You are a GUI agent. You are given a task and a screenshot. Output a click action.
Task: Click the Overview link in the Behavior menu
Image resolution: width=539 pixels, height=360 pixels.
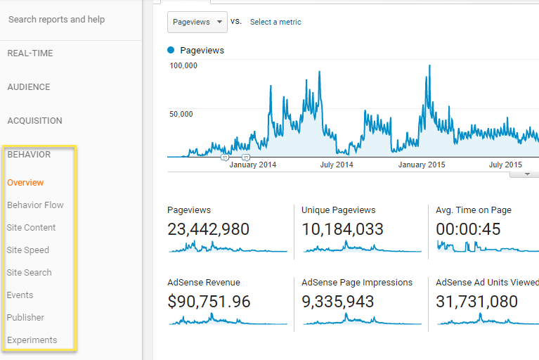[x=25, y=183]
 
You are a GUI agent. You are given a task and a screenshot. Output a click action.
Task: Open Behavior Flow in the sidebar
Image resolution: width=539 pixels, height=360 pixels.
[x=35, y=205]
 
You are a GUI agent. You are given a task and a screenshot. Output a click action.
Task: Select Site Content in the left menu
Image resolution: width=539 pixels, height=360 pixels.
[x=32, y=228]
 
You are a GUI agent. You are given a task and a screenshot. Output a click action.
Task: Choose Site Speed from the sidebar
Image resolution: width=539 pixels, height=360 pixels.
[x=28, y=250]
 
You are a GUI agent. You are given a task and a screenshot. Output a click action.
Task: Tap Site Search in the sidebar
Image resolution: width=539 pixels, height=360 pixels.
[x=30, y=273]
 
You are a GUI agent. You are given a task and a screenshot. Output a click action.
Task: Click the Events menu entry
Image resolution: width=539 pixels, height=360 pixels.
[x=20, y=295]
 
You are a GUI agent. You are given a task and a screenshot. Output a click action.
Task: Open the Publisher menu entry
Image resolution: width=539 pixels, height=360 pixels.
[x=25, y=318]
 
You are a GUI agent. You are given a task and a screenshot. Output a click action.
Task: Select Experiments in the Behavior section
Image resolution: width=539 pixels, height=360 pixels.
[x=32, y=340]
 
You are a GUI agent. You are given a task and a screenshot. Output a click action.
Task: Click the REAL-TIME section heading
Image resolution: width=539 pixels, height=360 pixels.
[x=30, y=53]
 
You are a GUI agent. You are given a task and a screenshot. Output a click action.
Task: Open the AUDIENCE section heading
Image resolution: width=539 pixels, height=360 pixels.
[x=29, y=87]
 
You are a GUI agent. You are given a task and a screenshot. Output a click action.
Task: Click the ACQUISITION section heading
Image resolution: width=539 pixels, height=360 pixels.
[x=34, y=121]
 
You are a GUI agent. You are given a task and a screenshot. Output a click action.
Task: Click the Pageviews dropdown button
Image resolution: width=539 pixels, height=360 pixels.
[x=197, y=22]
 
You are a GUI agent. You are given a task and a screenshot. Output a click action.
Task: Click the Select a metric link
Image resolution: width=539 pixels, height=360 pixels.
[x=275, y=22]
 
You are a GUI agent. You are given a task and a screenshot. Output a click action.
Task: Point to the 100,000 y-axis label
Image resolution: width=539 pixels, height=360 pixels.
[x=184, y=65]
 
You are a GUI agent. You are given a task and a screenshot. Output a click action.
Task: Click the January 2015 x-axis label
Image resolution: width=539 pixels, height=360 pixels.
[x=422, y=165]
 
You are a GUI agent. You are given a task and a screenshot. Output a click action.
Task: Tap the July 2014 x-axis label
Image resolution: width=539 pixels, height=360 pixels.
[x=337, y=165]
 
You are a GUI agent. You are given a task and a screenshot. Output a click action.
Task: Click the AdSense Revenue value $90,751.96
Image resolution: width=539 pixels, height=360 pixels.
[x=209, y=302]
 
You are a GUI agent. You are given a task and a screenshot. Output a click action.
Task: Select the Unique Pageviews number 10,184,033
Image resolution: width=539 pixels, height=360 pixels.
[x=343, y=229]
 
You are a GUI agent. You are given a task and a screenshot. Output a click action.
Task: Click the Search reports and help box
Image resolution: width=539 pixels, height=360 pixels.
[x=57, y=20]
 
